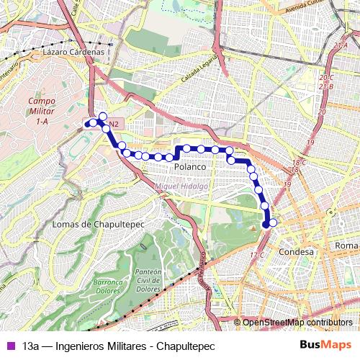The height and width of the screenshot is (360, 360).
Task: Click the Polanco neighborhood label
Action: click(x=190, y=166)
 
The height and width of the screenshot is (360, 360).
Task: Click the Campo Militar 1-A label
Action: click(x=42, y=112)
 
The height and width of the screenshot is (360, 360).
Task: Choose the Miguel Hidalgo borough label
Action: click(x=181, y=186)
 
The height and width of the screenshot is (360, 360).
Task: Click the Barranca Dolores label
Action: click(x=107, y=287)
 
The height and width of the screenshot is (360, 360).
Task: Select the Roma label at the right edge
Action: click(x=346, y=246)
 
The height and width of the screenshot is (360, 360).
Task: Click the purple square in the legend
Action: click(x=9, y=346)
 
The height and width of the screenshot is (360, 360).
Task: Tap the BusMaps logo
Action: click(x=325, y=346)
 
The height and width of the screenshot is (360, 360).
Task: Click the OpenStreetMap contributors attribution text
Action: click(x=297, y=323)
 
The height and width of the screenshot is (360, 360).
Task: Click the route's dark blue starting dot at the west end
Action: click(x=88, y=124)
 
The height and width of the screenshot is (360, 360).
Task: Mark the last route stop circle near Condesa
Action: click(x=272, y=222)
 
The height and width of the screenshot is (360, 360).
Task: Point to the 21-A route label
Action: click(x=341, y=46)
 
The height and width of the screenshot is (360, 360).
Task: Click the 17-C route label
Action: click(x=257, y=256)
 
